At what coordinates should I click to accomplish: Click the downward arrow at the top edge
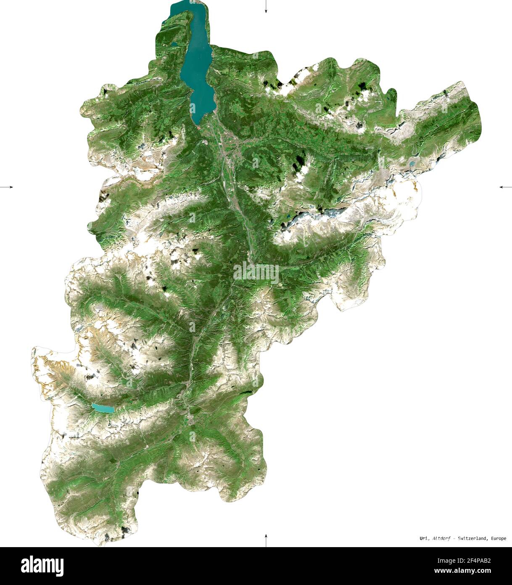(x=266, y=7)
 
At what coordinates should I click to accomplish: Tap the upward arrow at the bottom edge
(x=266, y=540)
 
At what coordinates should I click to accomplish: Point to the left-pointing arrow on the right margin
(x=505, y=186)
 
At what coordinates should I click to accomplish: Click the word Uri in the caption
(x=423, y=538)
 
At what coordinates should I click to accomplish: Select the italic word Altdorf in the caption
(x=441, y=538)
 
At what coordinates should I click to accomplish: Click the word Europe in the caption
(x=498, y=538)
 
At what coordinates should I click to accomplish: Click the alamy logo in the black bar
(x=42, y=565)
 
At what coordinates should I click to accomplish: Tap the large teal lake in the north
(x=198, y=72)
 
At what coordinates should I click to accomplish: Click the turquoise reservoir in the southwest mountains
(x=103, y=408)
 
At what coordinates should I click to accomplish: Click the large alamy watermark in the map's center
(x=256, y=273)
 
